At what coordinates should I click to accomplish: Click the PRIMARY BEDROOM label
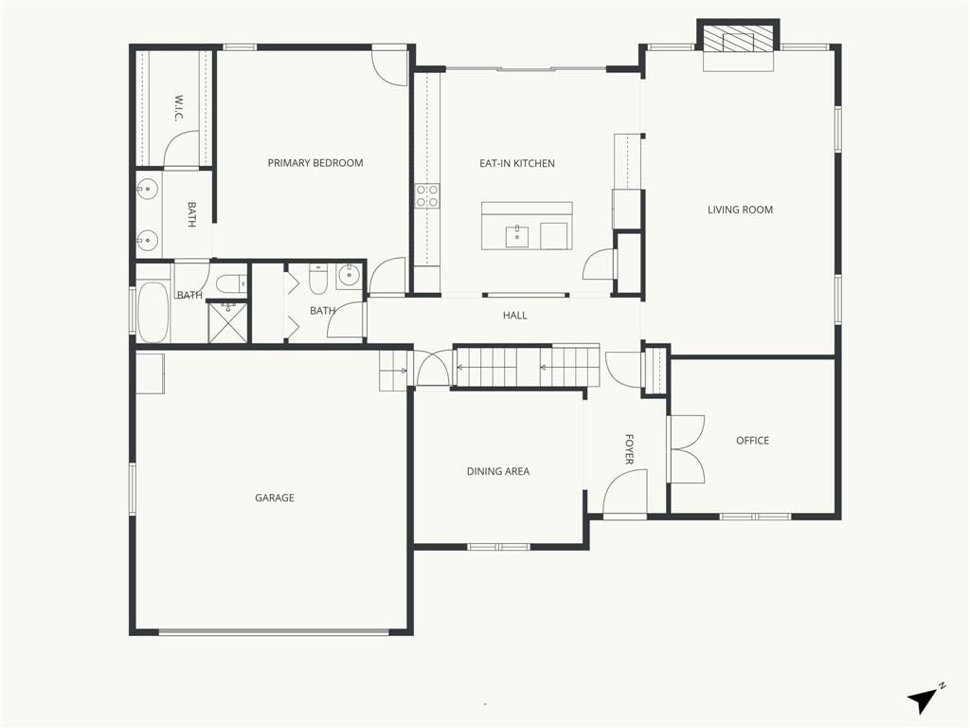(x=315, y=163)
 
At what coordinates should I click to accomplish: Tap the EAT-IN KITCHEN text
(x=517, y=163)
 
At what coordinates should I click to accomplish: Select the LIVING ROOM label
(x=741, y=209)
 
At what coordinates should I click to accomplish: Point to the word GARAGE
(x=275, y=498)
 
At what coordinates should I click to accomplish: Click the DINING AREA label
(x=498, y=472)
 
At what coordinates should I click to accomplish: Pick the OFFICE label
(x=753, y=441)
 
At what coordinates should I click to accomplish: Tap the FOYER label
(x=629, y=449)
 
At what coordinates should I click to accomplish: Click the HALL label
(x=514, y=316)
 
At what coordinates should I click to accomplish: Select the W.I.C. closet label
(x=179, y=108)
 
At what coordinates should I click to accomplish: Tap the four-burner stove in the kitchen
(x=427, y=195)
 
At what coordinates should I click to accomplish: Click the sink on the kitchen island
(x=517, y=236)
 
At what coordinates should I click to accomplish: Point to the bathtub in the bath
(x=153, y=313)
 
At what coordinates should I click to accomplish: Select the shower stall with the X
(x=227, y=322)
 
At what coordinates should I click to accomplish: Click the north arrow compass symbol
(x=925, y=699)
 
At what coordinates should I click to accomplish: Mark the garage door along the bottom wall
(x=274, y=632)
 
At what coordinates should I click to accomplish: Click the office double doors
(x=686, y=449)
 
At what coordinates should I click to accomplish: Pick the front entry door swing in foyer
(x=625, y=493)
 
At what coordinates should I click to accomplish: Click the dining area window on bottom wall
(x=498, y=547)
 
